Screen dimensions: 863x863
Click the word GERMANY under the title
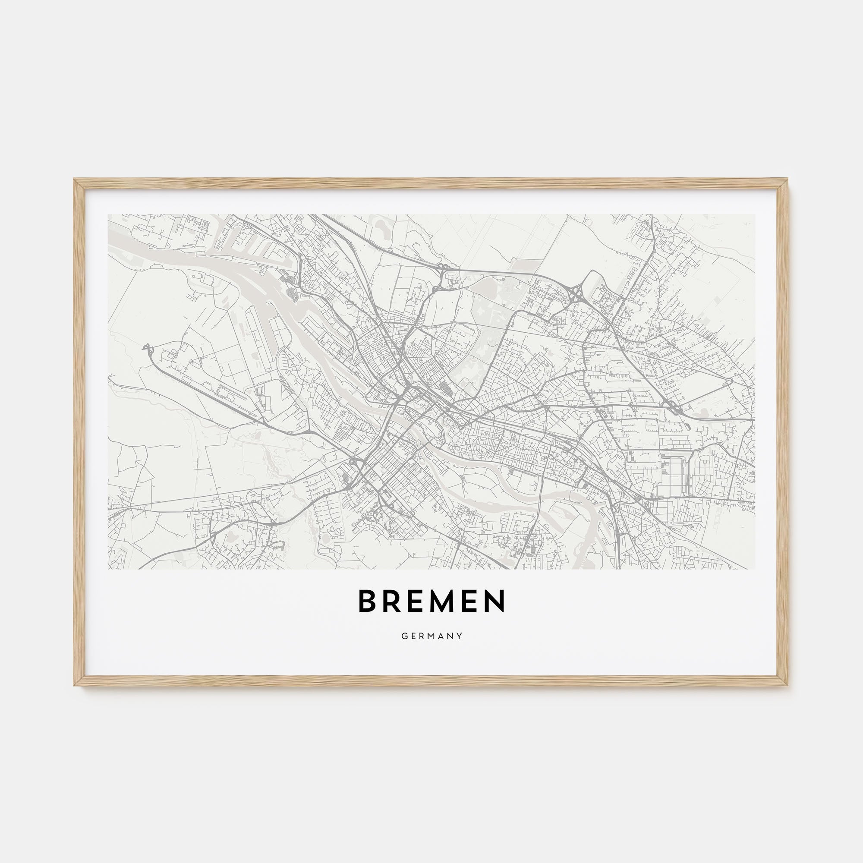tap(431, 636)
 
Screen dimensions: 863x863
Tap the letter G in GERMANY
tap(404, 636)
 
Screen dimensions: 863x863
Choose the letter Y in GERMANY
tap(460, 636)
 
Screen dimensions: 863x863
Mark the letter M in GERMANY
tap(431, 636)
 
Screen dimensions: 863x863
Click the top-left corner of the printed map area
tap(108, 214)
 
